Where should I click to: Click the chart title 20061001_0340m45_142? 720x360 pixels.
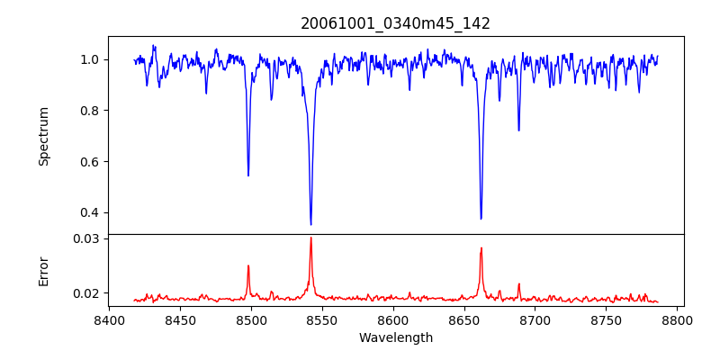(x=395, y=23)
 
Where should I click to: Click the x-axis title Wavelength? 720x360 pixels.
(x=395, y=337)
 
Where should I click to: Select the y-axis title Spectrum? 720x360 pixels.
(x=43, y=136)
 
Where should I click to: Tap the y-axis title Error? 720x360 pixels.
(x=43, y=271)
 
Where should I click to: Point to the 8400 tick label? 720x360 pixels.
(x=109, y=319)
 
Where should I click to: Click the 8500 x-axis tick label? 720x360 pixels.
(x=251, y=319)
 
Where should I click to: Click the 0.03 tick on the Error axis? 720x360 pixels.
(x=86, y=238)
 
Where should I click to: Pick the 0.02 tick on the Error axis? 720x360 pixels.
(x=86, y=293)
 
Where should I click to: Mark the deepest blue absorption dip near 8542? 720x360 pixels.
(x=310, y=224)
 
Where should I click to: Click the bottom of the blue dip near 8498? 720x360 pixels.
(x=248, y=175)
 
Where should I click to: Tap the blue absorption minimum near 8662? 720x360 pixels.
(x=481, y=218)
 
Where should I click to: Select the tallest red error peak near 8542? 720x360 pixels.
(x=310, y=238)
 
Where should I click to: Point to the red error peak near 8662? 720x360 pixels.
(x=481, y=248)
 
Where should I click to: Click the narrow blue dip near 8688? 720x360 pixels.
(x=518, y=130)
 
